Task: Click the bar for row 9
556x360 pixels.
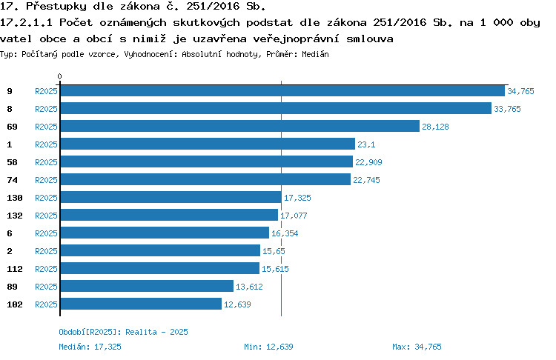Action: [x=282, y=90]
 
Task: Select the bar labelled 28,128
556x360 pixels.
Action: [x=240, y=126]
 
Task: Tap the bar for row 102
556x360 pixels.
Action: [x=141, y=304]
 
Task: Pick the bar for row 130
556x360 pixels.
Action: [x=171, y=197]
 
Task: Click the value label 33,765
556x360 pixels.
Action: [x=507, y=109]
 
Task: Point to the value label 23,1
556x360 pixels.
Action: [x=366, y=144]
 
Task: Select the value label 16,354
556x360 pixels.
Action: [x=285, y=233]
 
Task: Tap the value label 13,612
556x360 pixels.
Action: [x=249, y=287]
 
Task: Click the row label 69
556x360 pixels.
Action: [x=12, y=127]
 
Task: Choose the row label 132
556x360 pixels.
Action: [x=15, y=216]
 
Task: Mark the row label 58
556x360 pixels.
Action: [x=12, y=162]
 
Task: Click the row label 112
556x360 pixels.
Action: [x=15, y=269]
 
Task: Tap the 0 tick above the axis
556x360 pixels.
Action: [x=59, y=76]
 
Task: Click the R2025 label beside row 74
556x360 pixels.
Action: [x=46, y=180]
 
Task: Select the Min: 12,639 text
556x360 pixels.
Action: [x=268, y=347]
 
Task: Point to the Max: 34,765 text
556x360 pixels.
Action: [x=417, y=347]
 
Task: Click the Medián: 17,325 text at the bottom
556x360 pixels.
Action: [x=90, y=347]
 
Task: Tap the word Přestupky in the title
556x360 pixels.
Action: [x=56, y=7]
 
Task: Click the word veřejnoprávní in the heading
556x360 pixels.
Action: [x=296, y=39]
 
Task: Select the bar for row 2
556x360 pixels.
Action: [x=160, y=250]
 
